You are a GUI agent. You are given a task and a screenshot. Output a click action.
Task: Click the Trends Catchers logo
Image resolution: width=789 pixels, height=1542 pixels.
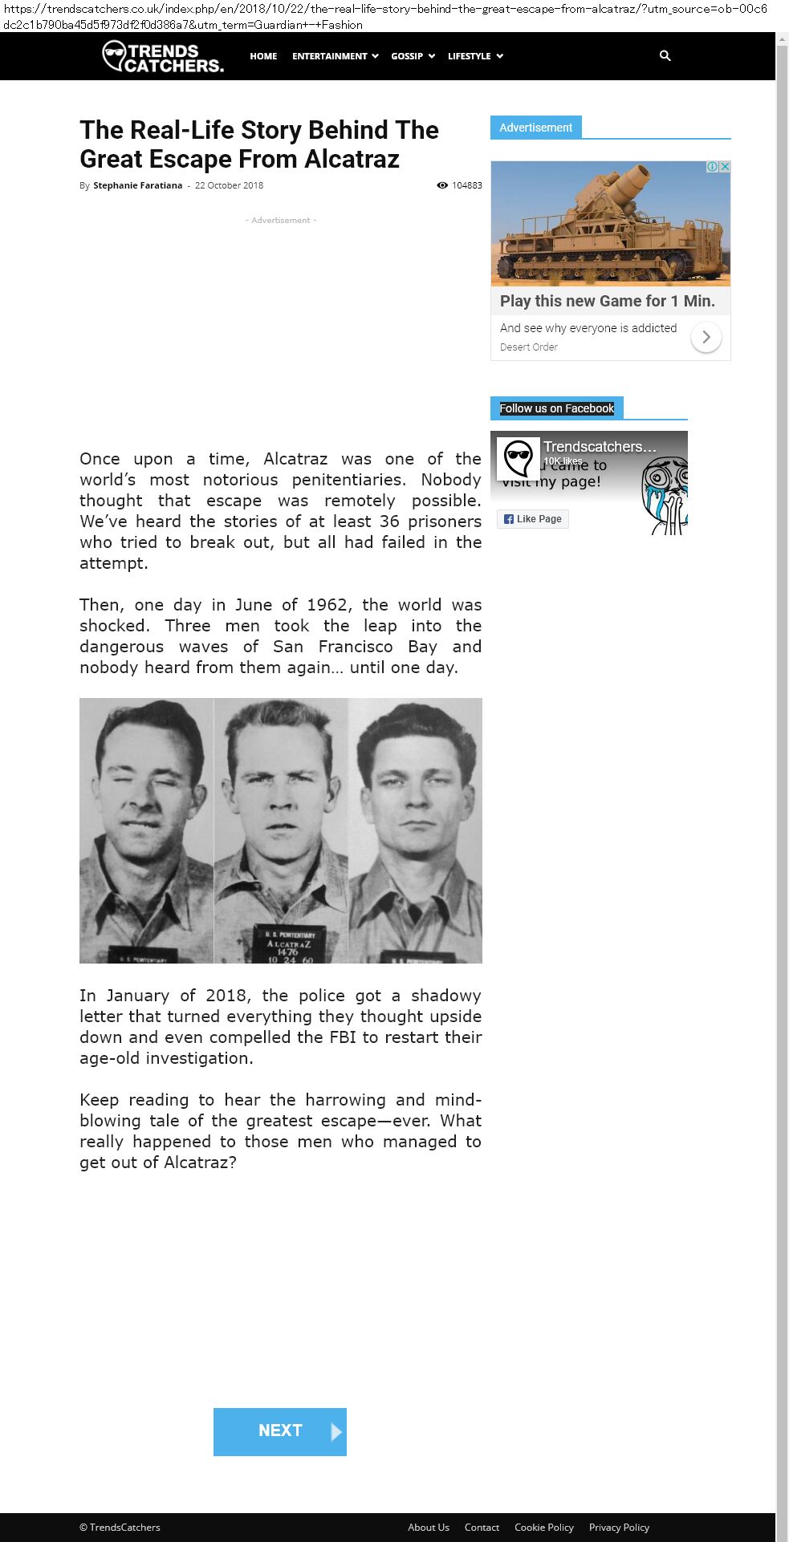[x=163, y=57]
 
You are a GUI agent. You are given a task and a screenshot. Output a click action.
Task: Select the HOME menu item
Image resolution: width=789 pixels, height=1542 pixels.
[x=263, y=56]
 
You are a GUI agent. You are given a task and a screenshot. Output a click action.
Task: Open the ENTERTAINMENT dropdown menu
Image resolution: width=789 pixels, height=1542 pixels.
[x=335, y=56]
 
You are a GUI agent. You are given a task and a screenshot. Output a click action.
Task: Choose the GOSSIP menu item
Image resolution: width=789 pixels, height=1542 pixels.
[x=413, y=56]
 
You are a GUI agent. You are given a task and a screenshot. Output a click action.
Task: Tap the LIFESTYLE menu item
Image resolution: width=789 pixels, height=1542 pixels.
[x=475, y=56]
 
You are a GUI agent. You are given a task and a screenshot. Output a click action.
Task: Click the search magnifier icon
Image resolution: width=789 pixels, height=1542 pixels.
[x=665, y=55]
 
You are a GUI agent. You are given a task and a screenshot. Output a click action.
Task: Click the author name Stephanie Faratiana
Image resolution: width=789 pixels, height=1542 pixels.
[x=137, y=185]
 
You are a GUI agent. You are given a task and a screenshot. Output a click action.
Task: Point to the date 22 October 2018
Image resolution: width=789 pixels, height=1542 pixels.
[x=229, y=185]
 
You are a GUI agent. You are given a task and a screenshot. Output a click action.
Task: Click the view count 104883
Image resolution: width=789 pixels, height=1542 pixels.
[x=466, y=185]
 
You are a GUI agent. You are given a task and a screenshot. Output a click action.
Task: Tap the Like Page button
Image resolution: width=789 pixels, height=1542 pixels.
[x=533, y=519]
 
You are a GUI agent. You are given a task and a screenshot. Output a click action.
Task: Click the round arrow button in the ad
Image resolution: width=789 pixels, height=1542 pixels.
[x=706, y=338]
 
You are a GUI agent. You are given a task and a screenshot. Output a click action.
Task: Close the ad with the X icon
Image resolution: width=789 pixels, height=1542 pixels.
[x=725, y=167]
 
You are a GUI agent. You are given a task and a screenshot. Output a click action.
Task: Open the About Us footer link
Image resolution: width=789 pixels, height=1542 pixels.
[x=428, y=1528]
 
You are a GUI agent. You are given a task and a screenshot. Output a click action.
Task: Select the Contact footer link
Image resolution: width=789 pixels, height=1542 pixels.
[x=482, y=1528]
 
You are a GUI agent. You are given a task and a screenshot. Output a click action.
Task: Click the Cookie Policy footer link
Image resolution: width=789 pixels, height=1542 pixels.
[x=543, y=1528]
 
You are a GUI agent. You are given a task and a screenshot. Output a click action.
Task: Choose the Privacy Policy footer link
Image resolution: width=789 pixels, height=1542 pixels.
[x=619, y=1528]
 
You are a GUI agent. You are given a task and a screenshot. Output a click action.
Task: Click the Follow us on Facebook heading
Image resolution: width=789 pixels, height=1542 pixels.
[x=556, y=408]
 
